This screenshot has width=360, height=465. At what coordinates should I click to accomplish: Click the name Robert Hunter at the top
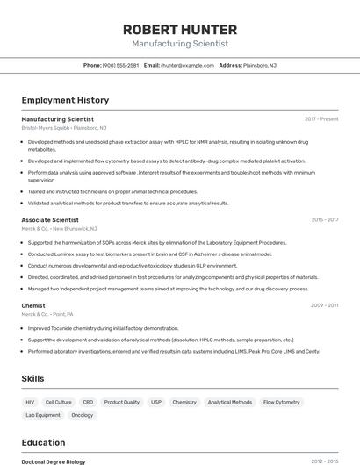[180, 29]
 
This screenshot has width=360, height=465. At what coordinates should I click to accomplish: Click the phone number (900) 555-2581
[120, 65]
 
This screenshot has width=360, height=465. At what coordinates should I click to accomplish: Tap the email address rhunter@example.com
[188, 65]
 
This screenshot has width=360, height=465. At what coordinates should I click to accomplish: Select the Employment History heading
[65, 101]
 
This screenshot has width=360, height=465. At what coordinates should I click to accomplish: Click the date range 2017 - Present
[321, 118]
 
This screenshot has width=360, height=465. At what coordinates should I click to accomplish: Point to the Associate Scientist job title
[50, 219]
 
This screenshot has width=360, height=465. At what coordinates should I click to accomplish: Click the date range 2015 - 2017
[324, 219]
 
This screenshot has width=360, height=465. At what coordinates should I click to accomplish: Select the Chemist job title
[33, 305]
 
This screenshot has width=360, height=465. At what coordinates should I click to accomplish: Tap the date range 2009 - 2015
[324, 305]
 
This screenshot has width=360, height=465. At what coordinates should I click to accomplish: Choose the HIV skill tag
[31, 402]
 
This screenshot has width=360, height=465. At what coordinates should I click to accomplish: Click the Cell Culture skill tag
[58, 402]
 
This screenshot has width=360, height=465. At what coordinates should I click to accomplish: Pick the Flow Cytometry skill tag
[281, 402]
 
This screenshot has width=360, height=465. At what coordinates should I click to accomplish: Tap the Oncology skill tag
[82, 415]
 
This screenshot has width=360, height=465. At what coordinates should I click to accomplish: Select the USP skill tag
[156, 402]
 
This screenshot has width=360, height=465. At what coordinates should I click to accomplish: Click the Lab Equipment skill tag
[43, 415]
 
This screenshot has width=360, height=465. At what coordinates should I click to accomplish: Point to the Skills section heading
[33, 378]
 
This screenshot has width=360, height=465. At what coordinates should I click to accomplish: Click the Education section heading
[43, 442]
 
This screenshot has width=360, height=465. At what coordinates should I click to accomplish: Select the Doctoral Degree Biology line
[54, 461]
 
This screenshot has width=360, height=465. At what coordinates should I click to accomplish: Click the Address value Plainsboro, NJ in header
[260, 65]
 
